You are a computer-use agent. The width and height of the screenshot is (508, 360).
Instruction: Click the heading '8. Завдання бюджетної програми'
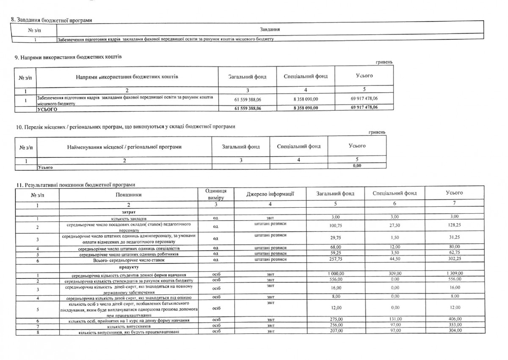52,20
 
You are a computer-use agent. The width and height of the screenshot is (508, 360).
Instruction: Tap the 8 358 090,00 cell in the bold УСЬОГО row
305,108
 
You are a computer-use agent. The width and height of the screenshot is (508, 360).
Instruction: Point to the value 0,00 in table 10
356,166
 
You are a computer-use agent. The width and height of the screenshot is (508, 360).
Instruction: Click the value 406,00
454,320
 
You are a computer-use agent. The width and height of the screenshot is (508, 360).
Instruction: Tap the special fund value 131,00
395,320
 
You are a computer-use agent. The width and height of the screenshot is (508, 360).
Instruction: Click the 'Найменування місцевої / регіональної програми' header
124,147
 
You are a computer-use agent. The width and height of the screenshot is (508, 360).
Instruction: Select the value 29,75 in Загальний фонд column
335,238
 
